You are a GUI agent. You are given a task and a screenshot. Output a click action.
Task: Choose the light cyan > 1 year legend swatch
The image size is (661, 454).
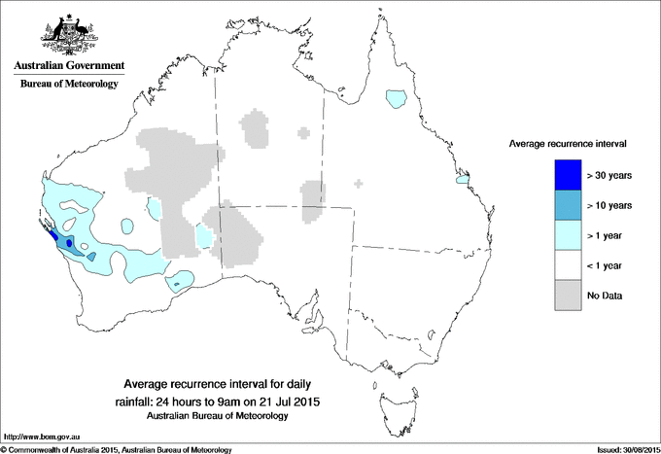click(x=567, y=234)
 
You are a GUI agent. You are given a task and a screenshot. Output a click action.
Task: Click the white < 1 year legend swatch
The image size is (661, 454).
click(x=567, y=264)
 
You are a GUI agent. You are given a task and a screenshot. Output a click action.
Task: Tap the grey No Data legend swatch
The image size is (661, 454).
click(x=567, y=295)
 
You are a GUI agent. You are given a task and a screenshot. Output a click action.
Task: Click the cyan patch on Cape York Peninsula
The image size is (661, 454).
click(x=395, y=98)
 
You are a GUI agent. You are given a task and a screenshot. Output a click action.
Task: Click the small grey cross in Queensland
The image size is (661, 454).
click(x=360, y=183)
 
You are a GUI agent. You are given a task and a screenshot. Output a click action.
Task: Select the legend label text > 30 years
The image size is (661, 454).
click(x=610, y=175)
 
